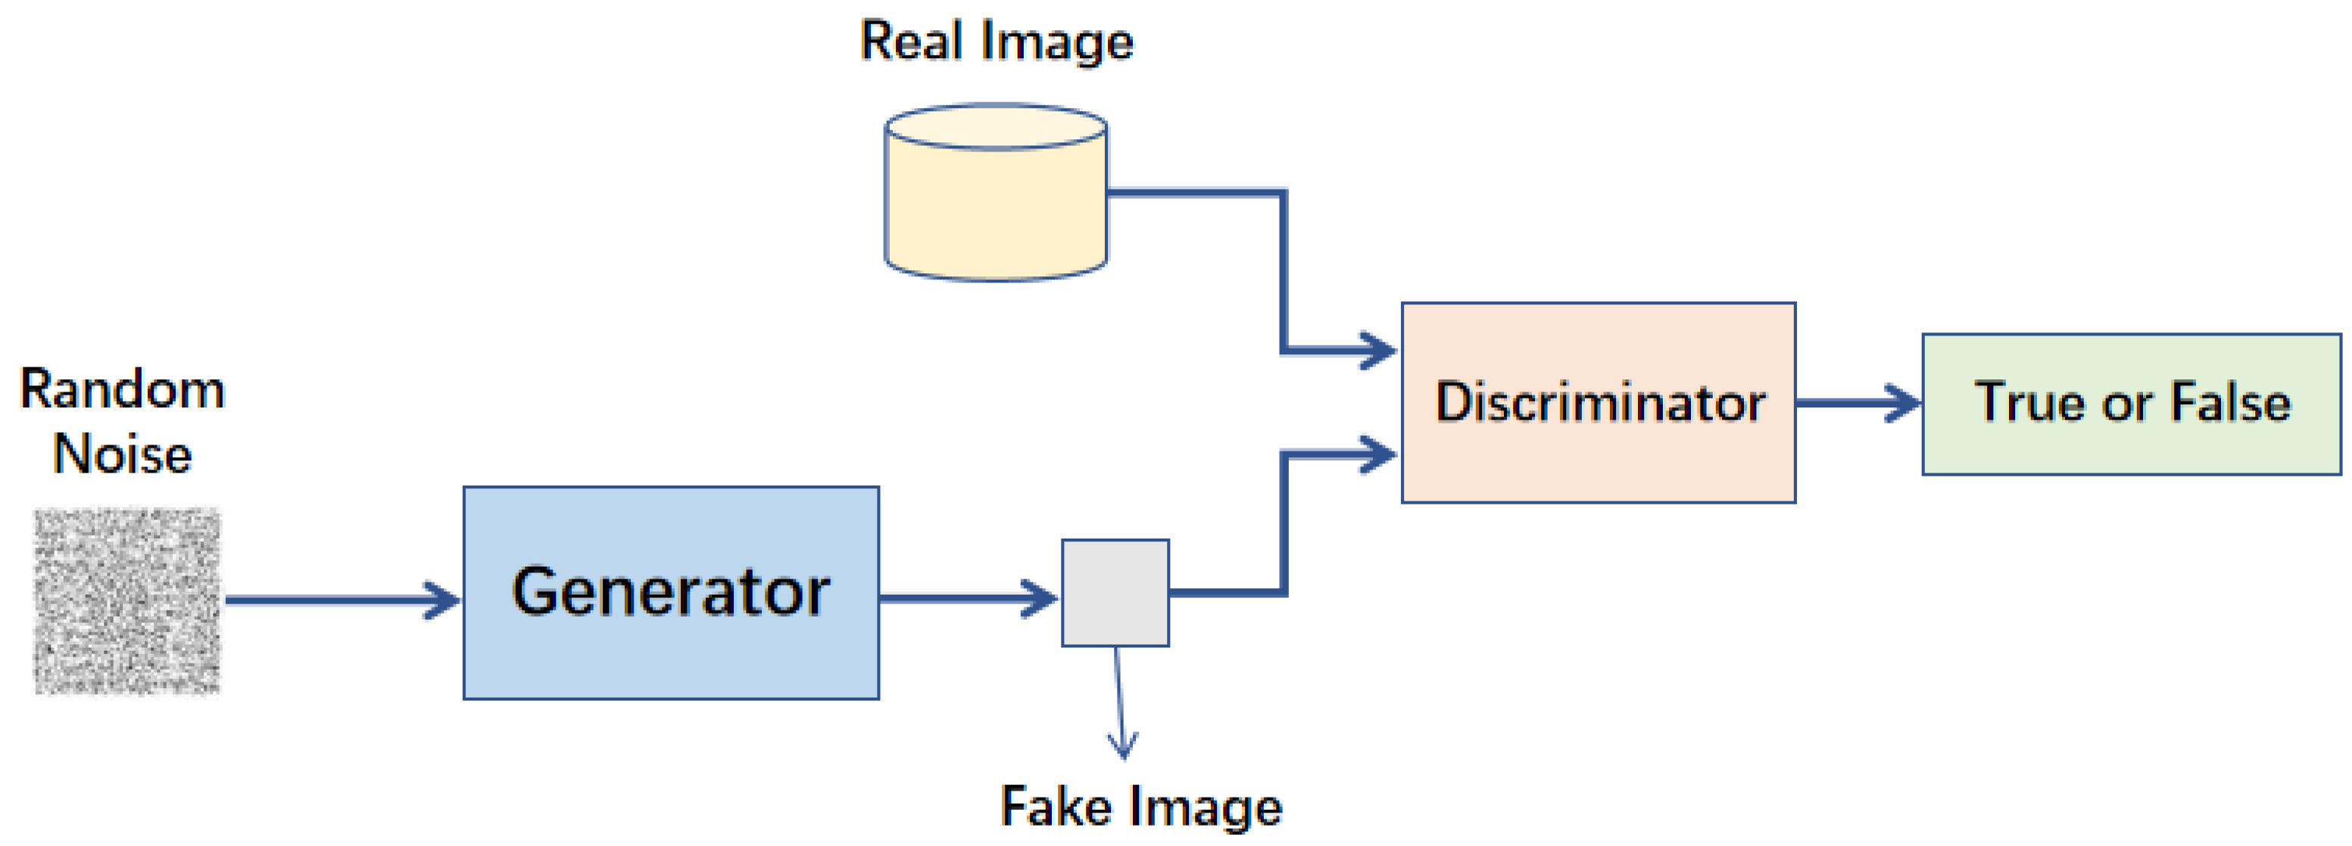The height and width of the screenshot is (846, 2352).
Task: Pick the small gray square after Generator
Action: pyautogui.click(x=1115, y=592)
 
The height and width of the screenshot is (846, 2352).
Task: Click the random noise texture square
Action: pyautogui.click(x=128, y=601)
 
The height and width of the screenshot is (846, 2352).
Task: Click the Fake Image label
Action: pyautogui.click(x=1140, y=806)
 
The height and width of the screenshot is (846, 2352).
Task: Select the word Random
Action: pyautogui.click(x=123, y=389)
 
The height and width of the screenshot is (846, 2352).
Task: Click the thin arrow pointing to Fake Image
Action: pyautogui.click(x=1120, y=704)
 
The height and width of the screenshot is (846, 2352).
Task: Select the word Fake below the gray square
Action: pyautogui.click(x=1056, y=806)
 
